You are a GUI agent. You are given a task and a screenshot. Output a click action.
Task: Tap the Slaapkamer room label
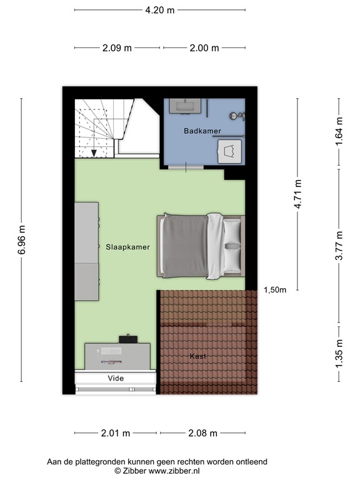[x=127, y=247]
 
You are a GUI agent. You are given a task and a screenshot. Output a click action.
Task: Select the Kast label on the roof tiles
[x=197, y=356]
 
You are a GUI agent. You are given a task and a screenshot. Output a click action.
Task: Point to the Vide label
[x=115, y=378]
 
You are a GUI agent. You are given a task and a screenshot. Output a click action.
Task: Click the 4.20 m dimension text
[x=159, y=10]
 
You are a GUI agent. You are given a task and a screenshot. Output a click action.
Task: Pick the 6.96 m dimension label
[x=22, y=240]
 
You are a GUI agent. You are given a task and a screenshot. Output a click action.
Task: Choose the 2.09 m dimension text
[x=117, y=48]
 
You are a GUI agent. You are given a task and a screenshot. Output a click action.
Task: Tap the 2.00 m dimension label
[x=203, y=48]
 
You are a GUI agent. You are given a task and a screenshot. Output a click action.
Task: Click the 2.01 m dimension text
[x=115, y=433]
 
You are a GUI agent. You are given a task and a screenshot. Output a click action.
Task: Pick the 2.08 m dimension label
[x=202, y=433]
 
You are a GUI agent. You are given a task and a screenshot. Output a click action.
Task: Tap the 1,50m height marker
[x=275, y=289]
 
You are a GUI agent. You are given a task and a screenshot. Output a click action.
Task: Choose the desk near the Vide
[x=117, y=354]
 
